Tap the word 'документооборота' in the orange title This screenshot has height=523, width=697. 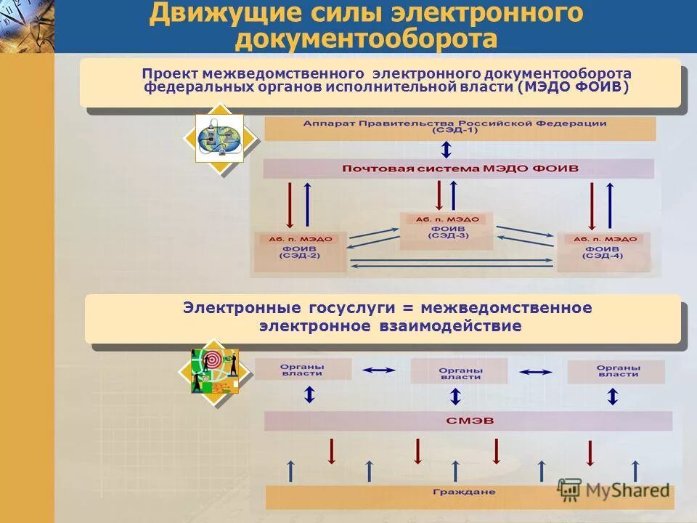[x=366, y=39]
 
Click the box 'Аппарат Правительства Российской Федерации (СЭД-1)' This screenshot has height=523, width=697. [x=459, y=128]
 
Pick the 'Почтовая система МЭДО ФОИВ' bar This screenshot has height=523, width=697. [x=459, y=169]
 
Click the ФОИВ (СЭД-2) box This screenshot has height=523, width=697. [x=301, y=251]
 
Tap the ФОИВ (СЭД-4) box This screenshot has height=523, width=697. [x=603, y=251]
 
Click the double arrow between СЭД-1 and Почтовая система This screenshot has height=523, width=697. [x=447, y=150]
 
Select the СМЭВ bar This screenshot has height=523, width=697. [x=468, y=421]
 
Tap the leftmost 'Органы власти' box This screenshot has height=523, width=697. [x=302, y=370]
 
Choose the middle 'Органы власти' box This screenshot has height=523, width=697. [x=460, y=373]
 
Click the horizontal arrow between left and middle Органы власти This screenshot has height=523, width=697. [x=378, y=370]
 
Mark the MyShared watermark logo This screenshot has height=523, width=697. [x=614, y=490]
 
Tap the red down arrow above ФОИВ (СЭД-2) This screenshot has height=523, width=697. [x=290, y=204]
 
